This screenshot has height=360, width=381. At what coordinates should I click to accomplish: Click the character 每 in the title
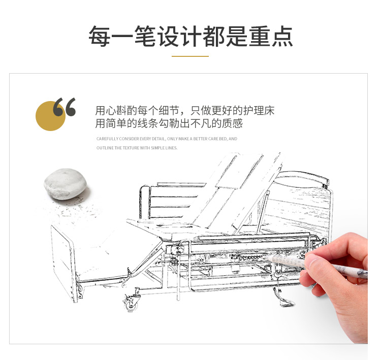[99, 37]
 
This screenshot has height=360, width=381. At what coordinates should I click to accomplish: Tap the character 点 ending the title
[282, 37]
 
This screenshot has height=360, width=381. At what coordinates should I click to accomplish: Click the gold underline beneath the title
[190, 56]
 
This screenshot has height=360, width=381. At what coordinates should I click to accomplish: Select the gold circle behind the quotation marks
[50, 116]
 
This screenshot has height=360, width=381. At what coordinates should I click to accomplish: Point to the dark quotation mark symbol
[65, 107]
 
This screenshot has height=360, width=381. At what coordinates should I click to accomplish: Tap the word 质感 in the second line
[232, 123]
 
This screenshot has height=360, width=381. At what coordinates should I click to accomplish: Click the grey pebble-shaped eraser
[65, 184]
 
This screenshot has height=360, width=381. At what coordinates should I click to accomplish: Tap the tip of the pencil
[265, 255]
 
